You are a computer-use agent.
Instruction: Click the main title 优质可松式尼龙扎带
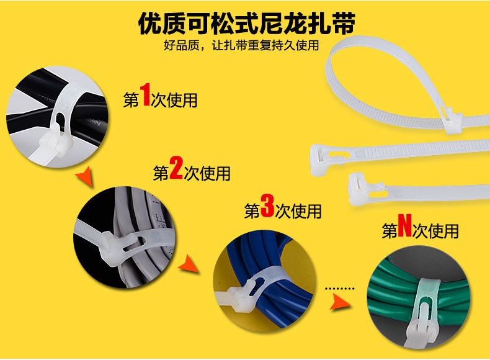tap(247, 23)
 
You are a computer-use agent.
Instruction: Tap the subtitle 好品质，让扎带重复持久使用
tap(241, 45)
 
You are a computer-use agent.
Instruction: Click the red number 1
tap(145, 94)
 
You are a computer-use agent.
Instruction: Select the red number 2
tap(176, 168)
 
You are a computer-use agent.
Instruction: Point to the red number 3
tap(267, 206)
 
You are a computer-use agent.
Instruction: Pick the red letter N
tap(404, 225)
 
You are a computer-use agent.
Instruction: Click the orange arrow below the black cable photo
tap(85, 176)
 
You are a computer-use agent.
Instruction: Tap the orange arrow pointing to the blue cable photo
tap(189, 264)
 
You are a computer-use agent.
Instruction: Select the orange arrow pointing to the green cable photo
tap(341, 302)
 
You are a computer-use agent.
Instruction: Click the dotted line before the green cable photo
tap(340, 289)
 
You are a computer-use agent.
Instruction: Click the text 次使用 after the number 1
tap(174, 100)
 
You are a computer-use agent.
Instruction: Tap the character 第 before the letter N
tap(390, 231)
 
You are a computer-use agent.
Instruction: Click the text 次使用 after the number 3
tap(298, 211)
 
